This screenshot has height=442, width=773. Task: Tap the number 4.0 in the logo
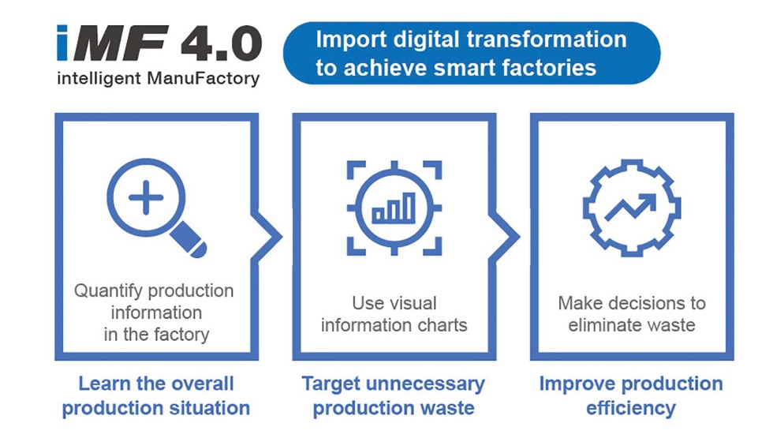coord(222,43)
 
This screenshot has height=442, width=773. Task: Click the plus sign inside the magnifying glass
coord(146,197)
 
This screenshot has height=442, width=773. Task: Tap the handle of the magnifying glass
coord(189,240)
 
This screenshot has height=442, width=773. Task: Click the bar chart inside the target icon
coord(394,208)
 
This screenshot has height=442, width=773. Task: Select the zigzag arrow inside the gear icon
coord(630,207)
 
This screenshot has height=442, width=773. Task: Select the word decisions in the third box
coord(649,303)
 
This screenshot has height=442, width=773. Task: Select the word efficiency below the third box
coord(630,409)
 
